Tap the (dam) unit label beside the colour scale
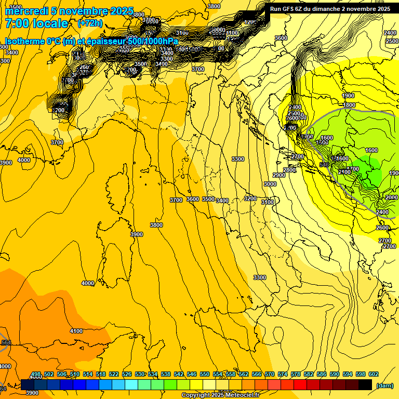click(384, 385)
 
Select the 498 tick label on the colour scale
click(36, 374)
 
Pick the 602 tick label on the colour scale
click(373, 374)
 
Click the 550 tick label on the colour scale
click(205, 374)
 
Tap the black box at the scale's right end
click(365, 384)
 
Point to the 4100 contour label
click(76, 331)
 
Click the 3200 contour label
click(250, 198)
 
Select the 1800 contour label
click(349, 105)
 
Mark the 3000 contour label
click(270, 184)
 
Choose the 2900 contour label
click(279, 175)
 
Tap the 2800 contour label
click(289, 170)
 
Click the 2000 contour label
click(392, 198)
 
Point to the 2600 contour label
click(382, 228)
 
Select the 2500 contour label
click(392, 41)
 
